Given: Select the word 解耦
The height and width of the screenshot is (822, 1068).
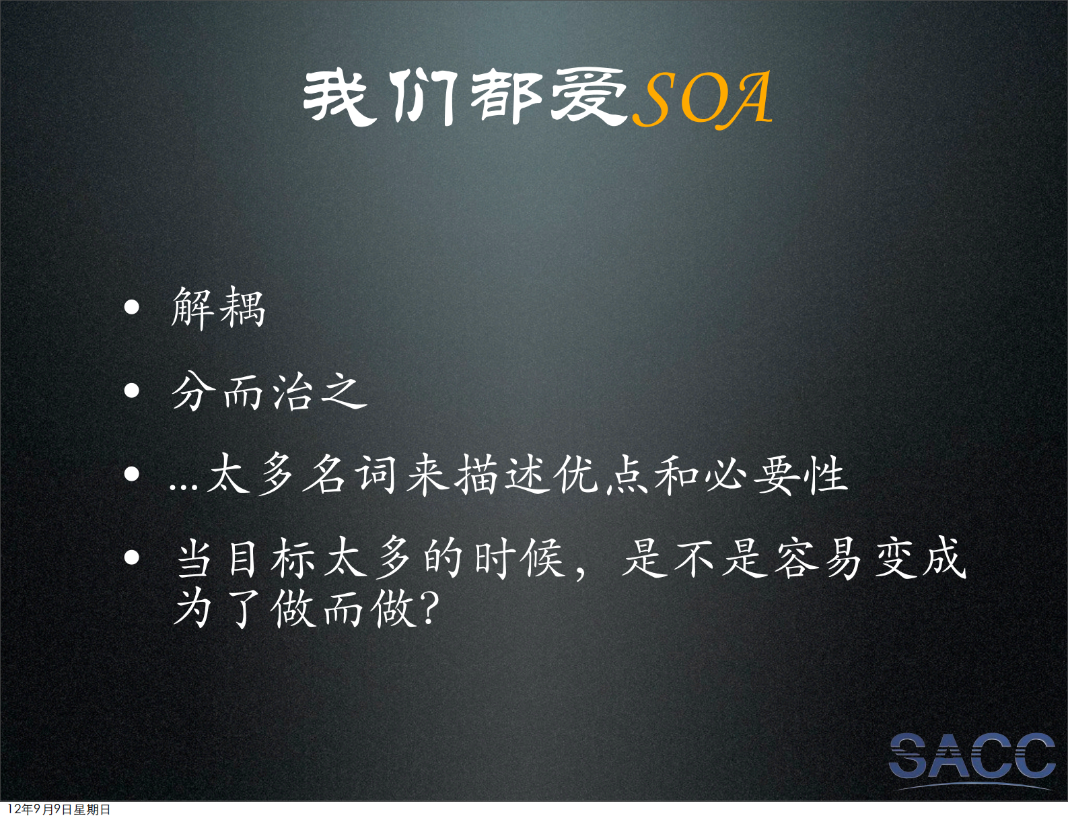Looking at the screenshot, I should click(219, 308).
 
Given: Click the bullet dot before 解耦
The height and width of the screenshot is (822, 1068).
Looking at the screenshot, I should click(132, 308).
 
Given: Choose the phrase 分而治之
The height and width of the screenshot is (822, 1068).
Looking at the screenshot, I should click(269, 392).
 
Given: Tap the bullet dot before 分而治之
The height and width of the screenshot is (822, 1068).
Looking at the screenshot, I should click(132, 391).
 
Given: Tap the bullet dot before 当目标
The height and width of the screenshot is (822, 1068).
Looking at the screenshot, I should click(132, 558).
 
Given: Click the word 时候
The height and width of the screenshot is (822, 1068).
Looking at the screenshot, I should click(519, 558).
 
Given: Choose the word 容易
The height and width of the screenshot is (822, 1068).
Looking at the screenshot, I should click(818, 558).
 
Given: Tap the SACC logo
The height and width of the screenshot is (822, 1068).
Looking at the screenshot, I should click(972, 758).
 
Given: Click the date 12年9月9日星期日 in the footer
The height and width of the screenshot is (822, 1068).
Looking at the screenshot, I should click(59, 810).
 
